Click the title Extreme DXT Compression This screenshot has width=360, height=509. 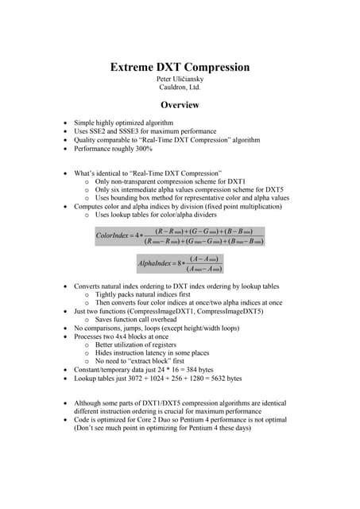180,68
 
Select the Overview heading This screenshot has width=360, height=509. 180,105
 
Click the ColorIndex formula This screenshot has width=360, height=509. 180,235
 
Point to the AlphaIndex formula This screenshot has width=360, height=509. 180,262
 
